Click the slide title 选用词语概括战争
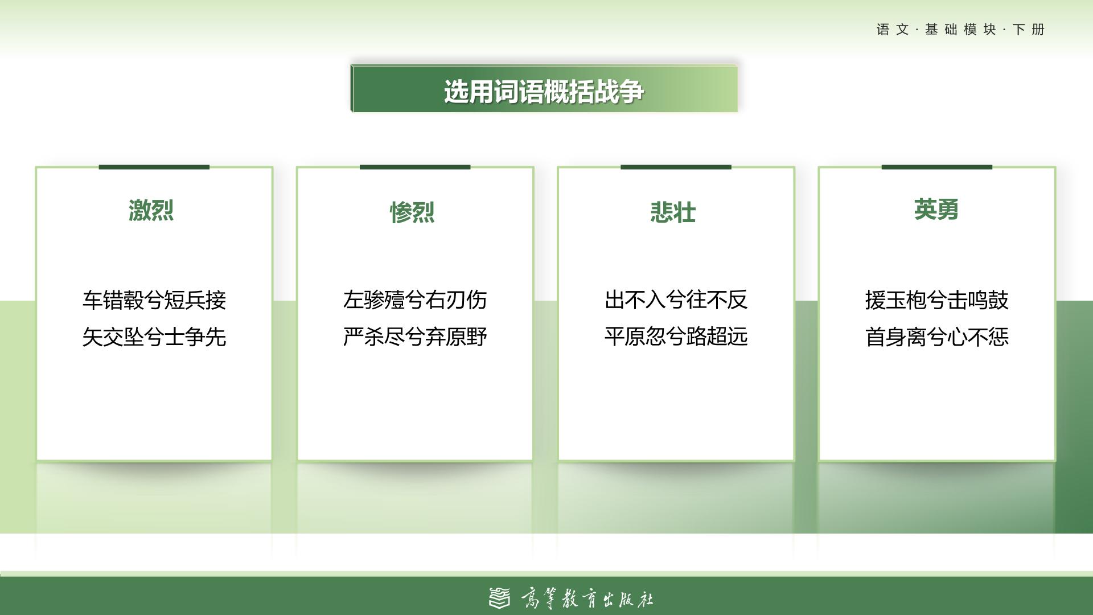[x=544, y=91]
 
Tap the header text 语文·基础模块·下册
[x=960, y=30]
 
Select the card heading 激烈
[x=151, y=210]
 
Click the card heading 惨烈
[x=412, y=212]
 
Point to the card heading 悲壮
[x=673, y=212]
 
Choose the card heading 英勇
[x=936, y=210]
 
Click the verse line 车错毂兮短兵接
[x=154, y=300]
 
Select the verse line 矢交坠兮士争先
[x=154, y=337]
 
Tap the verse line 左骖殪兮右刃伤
[x=415, y=300]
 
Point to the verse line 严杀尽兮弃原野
[x=415, y=337]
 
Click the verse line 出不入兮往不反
[x=676, y=300]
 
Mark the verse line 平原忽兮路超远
[x=676, y=337]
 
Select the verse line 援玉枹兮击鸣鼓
[x=937, y=300]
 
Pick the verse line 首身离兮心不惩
[x=937, y=337]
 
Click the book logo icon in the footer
[x=500, y=598]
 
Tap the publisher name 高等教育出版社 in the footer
[x=587, y=599]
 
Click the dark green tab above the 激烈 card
[x=154, y=167]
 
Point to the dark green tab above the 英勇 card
[x=937, y=167]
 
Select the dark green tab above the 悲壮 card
[x=676, y=167]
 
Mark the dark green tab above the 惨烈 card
[x=415, y=167]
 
